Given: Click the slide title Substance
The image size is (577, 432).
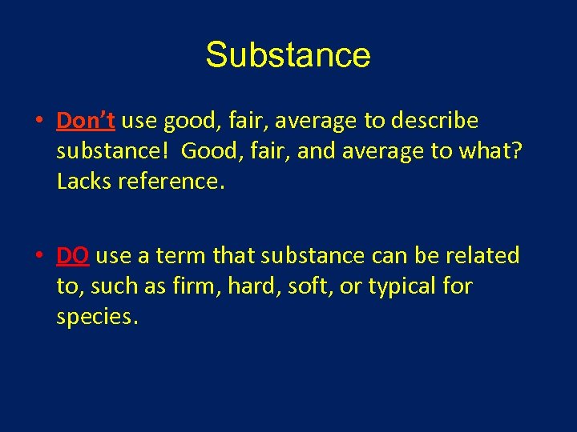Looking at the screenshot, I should tap(288, 55).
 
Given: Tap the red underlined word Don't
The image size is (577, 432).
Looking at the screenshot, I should tap(86, 121).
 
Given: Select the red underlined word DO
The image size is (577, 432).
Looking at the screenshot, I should tap(72, 255).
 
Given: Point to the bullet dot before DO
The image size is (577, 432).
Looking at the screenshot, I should tap(38, 257).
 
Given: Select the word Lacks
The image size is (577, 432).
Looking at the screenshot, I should tap(84, 182).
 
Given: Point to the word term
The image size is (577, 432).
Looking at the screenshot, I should tap(171, 256).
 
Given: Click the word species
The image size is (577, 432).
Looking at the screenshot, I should tap(96, 317).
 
